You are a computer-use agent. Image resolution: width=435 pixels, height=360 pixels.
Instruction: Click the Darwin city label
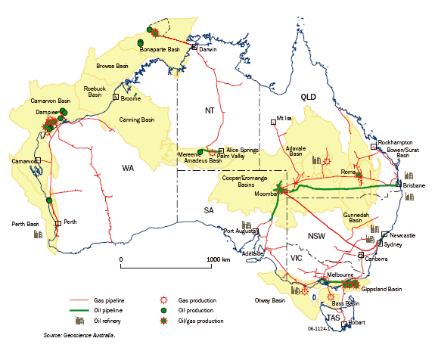208,51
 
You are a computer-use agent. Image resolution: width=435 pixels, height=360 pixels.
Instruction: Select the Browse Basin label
116,65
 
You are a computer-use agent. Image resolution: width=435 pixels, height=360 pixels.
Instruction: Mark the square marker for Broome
115,97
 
